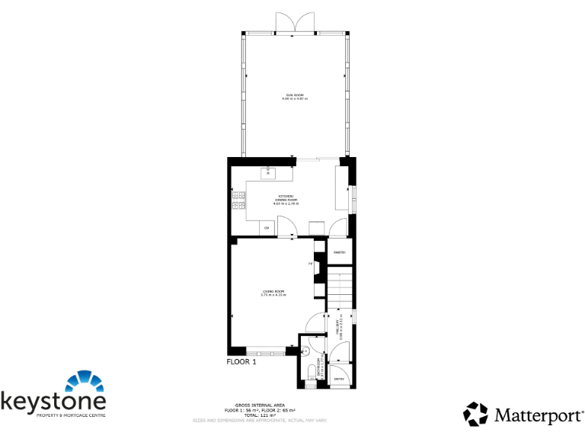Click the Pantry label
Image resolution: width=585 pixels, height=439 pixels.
[340, 252]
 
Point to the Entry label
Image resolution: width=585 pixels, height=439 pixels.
[339, 379]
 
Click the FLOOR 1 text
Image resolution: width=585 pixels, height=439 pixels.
[242, 362]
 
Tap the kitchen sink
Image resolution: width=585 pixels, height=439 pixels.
[267, 173]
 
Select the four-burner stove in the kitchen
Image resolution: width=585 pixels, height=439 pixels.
[239, 200]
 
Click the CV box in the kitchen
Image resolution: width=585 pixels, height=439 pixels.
[267, 228]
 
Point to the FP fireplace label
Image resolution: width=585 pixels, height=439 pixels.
[310, 264]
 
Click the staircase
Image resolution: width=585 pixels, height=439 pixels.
[340, 285]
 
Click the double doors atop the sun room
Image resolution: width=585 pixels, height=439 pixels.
[294, 23]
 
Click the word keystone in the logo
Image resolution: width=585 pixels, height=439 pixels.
[53, 401]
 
